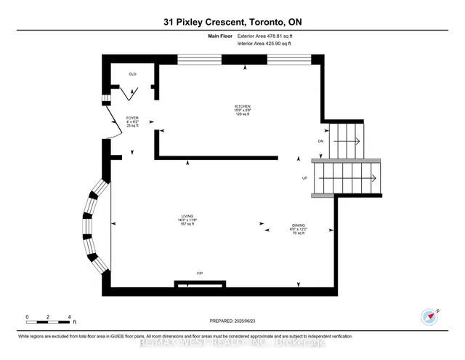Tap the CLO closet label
(132, 74)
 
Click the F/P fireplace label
(199, 273)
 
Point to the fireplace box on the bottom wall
(198, 284)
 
